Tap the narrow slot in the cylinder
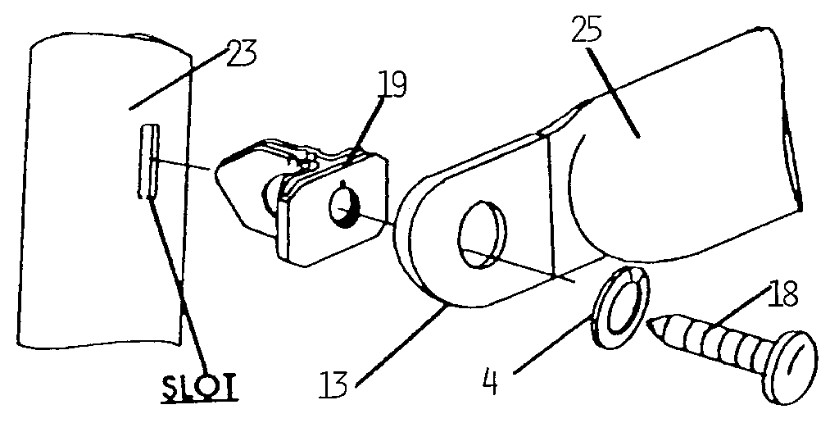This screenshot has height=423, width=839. click(x=148, y=161)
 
